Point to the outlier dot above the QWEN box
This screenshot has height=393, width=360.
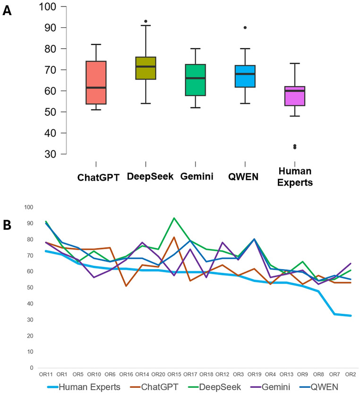click(245, 28)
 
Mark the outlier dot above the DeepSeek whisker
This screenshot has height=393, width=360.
click(146, 21)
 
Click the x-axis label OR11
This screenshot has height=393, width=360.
click(45, 375)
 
